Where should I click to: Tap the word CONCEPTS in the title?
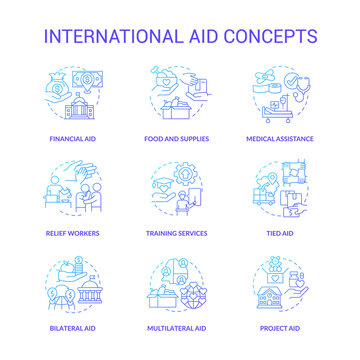point(269,36)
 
